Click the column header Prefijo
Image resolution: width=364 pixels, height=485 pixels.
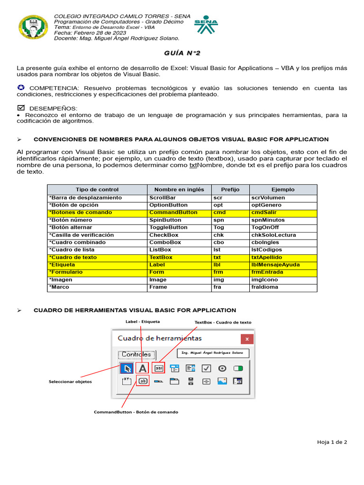(230, 189)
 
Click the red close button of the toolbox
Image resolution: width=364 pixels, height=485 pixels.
(246, 339)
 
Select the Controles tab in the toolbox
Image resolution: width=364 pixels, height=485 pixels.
(136, 354)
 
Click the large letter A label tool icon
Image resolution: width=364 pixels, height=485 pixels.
(142, 368)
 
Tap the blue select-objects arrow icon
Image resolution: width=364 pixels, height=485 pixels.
(127, 368)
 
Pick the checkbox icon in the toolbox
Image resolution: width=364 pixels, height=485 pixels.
(206, 368)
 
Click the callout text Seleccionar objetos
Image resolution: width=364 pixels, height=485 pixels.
(70, 382)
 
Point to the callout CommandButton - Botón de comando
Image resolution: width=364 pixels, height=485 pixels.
(136, 412)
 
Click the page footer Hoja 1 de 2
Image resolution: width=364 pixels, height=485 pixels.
(332, 442)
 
